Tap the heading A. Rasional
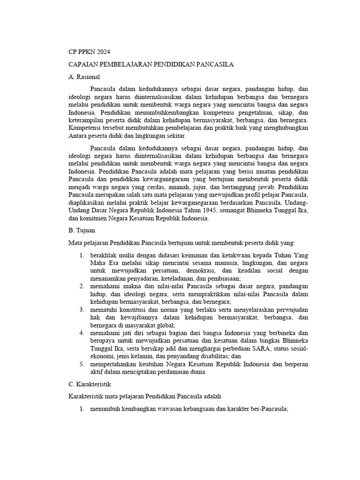pyautogui.click(x=84, y=76)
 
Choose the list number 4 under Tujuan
pyautogui.click(x=82, y=333)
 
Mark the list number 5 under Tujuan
pyautogui.click(x=82, y=364)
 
